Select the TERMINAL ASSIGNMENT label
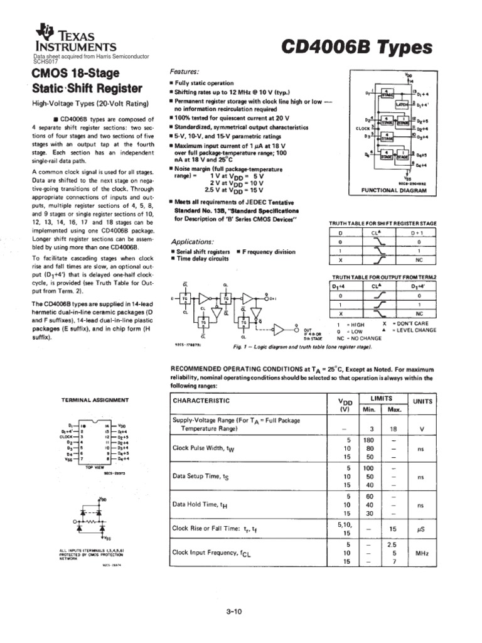pyautogui.click(x=95, y=399)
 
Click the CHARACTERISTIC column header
pyautogui.click(x=201, y=401)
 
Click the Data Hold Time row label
pyautogui.click(x=196, y=504)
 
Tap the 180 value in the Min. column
pyautogui.click(x=368, y=440)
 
